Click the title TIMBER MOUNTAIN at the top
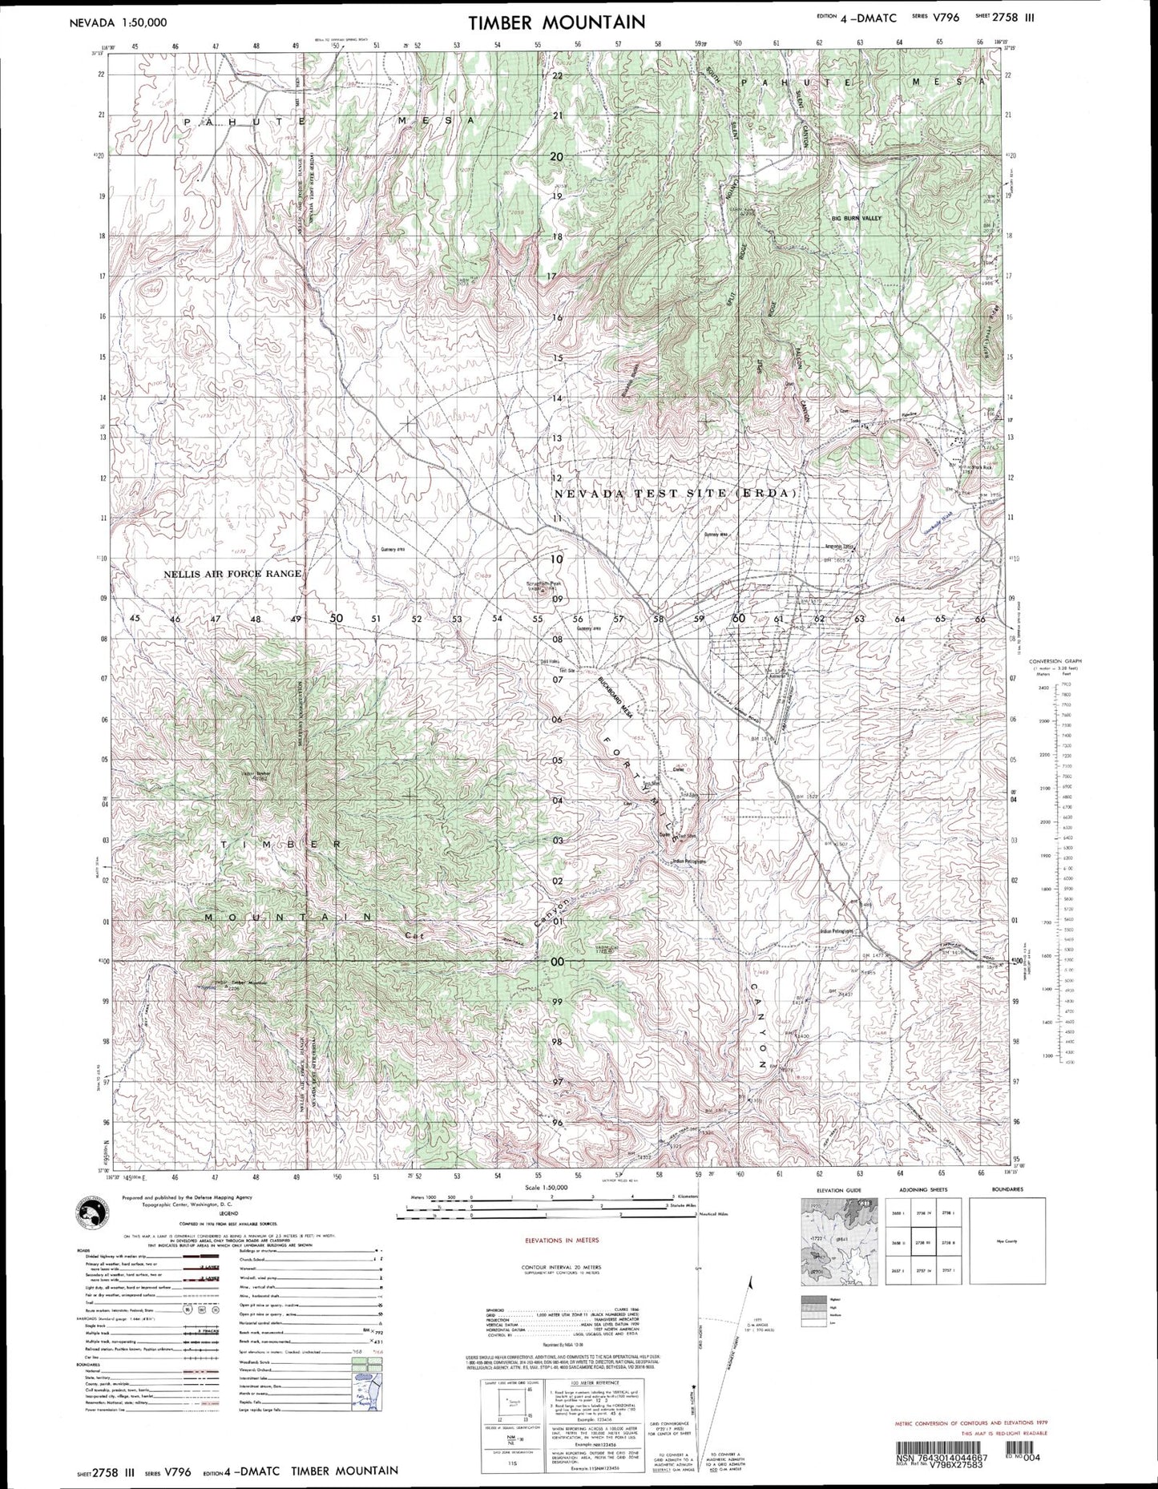pos(556,22)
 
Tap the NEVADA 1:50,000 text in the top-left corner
pos(119,22)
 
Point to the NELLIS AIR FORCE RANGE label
pos(232,574)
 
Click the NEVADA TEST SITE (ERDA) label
pos(676,494)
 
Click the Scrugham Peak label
pos(543,583)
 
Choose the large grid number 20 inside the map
pos(556,157)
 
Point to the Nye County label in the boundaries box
pos(1007,1241)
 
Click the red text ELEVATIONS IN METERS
pos(561,1240)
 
